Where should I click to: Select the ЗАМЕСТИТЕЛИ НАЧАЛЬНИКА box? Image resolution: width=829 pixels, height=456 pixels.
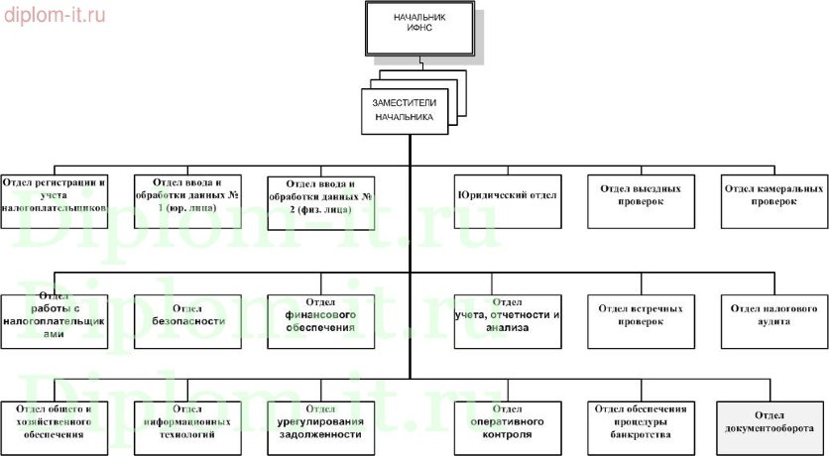404,109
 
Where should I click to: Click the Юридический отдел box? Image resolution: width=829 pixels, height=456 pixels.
506,195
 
